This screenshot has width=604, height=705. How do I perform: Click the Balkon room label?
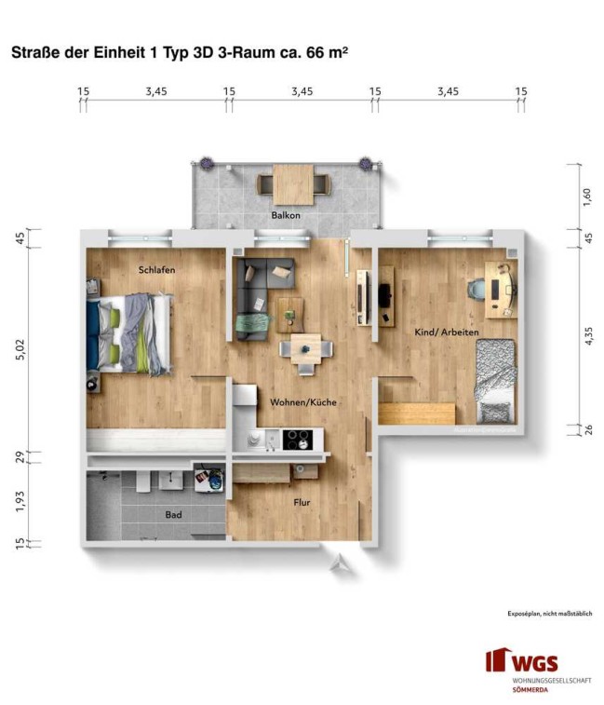pyautogui.click(x=286, y=215)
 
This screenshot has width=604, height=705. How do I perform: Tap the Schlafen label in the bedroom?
pyautogui.click(x=156, y=270)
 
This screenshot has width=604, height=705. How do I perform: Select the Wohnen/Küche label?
pyautogui.click(x=302, y=402)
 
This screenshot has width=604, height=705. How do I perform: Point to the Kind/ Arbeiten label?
pyautogui.click(x=447, y=332)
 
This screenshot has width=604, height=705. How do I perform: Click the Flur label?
pyautogui.click(x=302, y=502)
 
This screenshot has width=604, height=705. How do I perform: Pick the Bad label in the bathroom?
pyautogui.click(x=173, y=514)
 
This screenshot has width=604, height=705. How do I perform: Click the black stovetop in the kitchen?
pyautogui.click(x=297, y=440)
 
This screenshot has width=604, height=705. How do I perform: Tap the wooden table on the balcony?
pyautogui.click(x=293, y=184)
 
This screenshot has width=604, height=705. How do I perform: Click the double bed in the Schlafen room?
pyautogui.click(x=129, y=333)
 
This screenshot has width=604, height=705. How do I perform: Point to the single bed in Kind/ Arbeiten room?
pyautogui.click(x=496, y=381)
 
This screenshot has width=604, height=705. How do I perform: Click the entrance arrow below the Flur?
pyautogui.click(x=340, y=563)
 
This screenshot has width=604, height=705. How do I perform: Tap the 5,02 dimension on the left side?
pyautogui.click(x=20, y=350)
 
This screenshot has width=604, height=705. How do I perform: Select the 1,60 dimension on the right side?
pyautogui.click(x=587, y=197)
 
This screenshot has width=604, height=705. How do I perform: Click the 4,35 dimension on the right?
pyautogui.click(x=588, y=336)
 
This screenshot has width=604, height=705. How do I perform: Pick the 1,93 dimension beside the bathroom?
pyautogui.click(x=20, y=501)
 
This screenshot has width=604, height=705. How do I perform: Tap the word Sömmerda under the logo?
pyautogui.click(x=530, y=690)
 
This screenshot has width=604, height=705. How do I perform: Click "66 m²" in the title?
pyautogui.click(x=327, y=52)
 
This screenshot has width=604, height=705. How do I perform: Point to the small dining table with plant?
pyautogui.click(x=306, y=349)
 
